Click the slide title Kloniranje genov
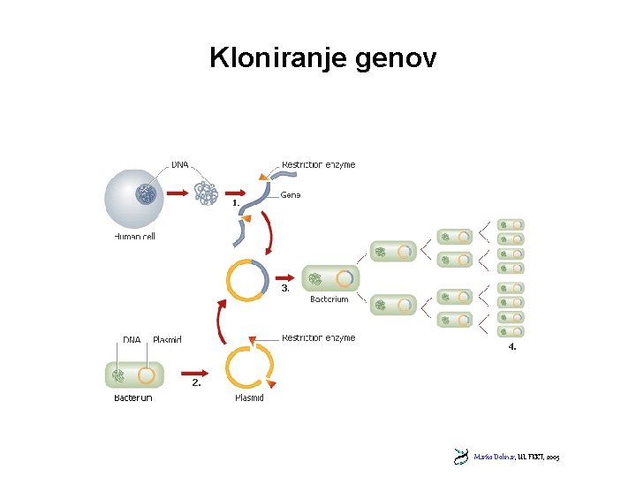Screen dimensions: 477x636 coord(322,58)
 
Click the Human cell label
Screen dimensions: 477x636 coord(134,237)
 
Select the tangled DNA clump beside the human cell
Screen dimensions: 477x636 coord(206,192)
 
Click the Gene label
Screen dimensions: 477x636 coord(291,194)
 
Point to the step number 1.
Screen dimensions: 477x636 coord(236,202)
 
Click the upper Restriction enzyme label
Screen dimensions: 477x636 coord(318,164)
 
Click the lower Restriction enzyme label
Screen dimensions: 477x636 coord(318,337)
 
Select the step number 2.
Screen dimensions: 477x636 coord(196,382)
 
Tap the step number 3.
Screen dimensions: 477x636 coord(285,288)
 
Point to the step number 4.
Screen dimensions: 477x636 coord(512,347)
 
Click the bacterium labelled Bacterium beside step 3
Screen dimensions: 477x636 coord(330,279)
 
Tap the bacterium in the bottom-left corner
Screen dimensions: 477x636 coord(132,375)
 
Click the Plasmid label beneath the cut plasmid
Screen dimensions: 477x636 coord(249,398)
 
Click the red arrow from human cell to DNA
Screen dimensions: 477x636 coord(178,192)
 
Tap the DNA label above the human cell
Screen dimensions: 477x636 coord(179,164)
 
